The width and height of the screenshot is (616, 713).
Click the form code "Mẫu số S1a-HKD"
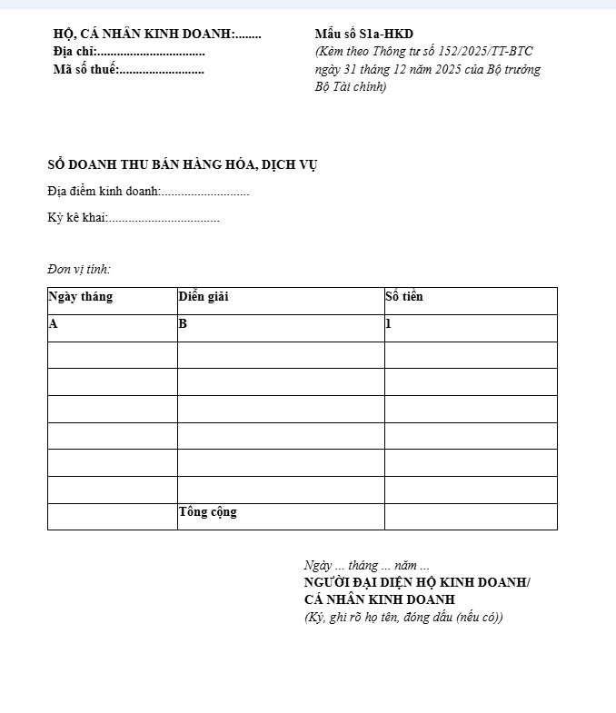click(x=363, y=35)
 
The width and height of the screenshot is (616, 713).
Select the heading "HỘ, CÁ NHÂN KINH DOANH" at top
click(x=143, y=35)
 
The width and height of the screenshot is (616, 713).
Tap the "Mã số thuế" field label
click(x=85, y=70)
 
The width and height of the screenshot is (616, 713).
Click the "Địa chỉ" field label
click(x=74, y=52)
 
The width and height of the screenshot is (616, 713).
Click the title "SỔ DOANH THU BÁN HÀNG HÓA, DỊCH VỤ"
click(x=183, y=164)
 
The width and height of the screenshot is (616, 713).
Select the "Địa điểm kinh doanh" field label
click(x=104, y=192)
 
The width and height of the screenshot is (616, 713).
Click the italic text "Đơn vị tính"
click(x=79, y=269)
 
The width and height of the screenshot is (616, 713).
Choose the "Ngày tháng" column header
click(x=81, y=297)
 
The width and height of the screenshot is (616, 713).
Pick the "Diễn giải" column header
click(x=204, y=297)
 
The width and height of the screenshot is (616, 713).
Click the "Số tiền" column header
click(x=404, y=297)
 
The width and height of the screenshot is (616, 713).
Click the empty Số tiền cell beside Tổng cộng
click(x=471, y=517)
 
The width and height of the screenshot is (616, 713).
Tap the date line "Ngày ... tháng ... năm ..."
click(x=367, y=565)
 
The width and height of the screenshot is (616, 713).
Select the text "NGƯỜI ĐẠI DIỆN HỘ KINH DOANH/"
click(x=417, y=582)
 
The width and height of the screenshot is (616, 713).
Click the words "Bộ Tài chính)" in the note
click(x=351, y=87)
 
